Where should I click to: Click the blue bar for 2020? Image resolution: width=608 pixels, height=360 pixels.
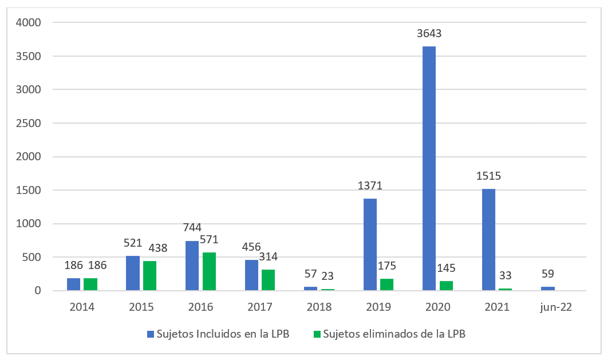(x=429, y=168)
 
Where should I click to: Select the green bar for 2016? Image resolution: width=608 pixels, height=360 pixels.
(x=209, y=271)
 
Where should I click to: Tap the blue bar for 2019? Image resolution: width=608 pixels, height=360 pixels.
(x=370, y=244)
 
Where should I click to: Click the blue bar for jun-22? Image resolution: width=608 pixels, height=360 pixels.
(x=548, y=288)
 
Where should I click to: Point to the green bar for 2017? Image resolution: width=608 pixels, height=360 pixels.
(x=269, y=280)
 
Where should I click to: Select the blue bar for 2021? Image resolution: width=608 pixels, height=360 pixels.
(x=488, y=240)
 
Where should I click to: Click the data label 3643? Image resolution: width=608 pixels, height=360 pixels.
(x=429, y=34)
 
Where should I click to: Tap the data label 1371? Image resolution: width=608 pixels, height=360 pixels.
(x=370, y=186)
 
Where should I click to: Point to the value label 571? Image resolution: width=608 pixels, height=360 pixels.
(x=209, y=240)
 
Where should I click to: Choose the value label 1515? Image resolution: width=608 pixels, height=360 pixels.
(x=488, y=176)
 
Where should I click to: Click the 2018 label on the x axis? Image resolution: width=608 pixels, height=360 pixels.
(x=319, y=307)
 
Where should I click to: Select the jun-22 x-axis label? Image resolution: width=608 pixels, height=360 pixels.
(x=556, y=307)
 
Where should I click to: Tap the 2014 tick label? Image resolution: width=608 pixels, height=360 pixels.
(x=82, y=307)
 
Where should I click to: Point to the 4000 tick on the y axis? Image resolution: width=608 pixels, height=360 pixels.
(x=29, y=23)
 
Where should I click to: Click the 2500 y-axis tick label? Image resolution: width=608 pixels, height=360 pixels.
(x=29, y=123)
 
